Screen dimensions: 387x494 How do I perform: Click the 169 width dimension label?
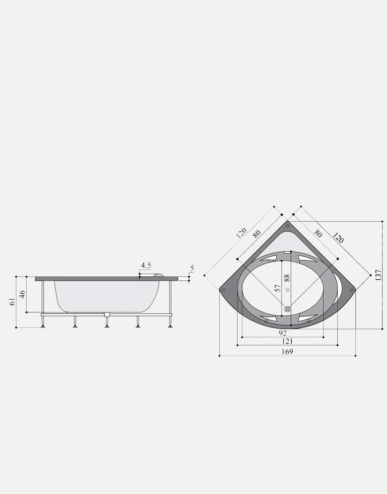click(287, 352)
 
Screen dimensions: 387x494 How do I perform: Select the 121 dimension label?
click(287, 341)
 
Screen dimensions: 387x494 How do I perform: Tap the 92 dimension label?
click(283, 333)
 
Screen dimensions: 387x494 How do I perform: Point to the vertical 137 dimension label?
click(379, 275)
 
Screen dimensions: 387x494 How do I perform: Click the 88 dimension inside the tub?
click(286, 278)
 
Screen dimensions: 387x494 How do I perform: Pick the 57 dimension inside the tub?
click(278, 288)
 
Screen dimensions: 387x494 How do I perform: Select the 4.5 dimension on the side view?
click(146, 265)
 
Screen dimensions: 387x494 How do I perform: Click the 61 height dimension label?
click(12, 301)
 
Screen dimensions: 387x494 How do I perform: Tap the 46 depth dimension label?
click(22, 294)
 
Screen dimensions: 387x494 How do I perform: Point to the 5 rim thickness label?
click(192, 269)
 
